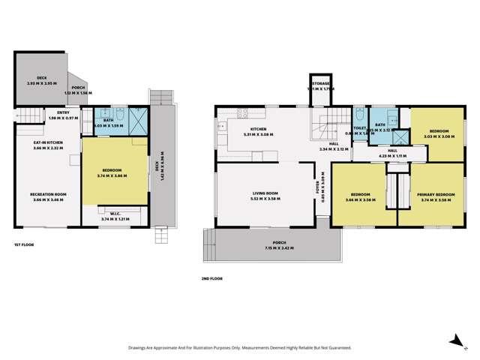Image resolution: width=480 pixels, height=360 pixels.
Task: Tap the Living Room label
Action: pos(266,195)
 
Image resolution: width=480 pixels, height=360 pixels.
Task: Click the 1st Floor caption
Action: pos(23,245)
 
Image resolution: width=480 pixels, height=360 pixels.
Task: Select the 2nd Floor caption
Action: pos(211,278)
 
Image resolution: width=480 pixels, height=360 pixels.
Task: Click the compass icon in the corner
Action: pos(454,341)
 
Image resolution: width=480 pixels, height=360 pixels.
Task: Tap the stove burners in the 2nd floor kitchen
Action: pos(243,114)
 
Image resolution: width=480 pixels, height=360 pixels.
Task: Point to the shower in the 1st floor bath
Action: pos(138,120)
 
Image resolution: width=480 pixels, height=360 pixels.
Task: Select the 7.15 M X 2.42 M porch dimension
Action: pos(271,248)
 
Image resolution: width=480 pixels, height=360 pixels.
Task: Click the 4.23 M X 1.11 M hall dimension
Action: pos(392,156)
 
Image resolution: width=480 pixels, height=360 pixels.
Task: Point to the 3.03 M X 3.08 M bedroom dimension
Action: pos(429,137)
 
